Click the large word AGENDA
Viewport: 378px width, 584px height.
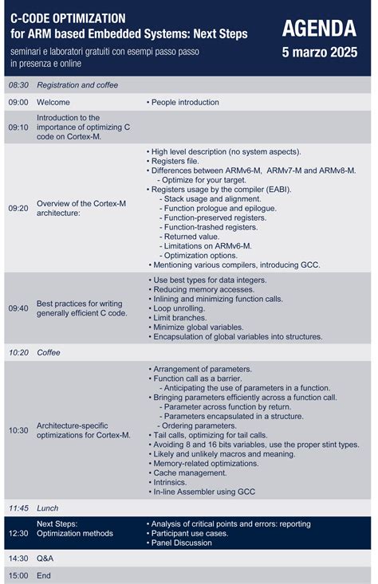coord(319,29)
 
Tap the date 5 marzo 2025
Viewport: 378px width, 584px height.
coord(319,53)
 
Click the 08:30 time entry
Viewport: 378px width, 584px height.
coord(18,84)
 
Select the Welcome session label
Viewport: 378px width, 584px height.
coord(53,102)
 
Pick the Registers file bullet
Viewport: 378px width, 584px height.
coord(178,161)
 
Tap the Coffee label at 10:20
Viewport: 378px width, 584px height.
coord(49,352)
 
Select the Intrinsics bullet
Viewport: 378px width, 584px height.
coord(173,482)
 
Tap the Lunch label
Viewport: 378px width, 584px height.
coord(48,508)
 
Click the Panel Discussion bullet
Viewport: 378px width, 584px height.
coord(183,543)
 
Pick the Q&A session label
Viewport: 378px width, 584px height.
coord(45,559)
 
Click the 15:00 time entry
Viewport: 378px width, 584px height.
coord(18,575)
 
